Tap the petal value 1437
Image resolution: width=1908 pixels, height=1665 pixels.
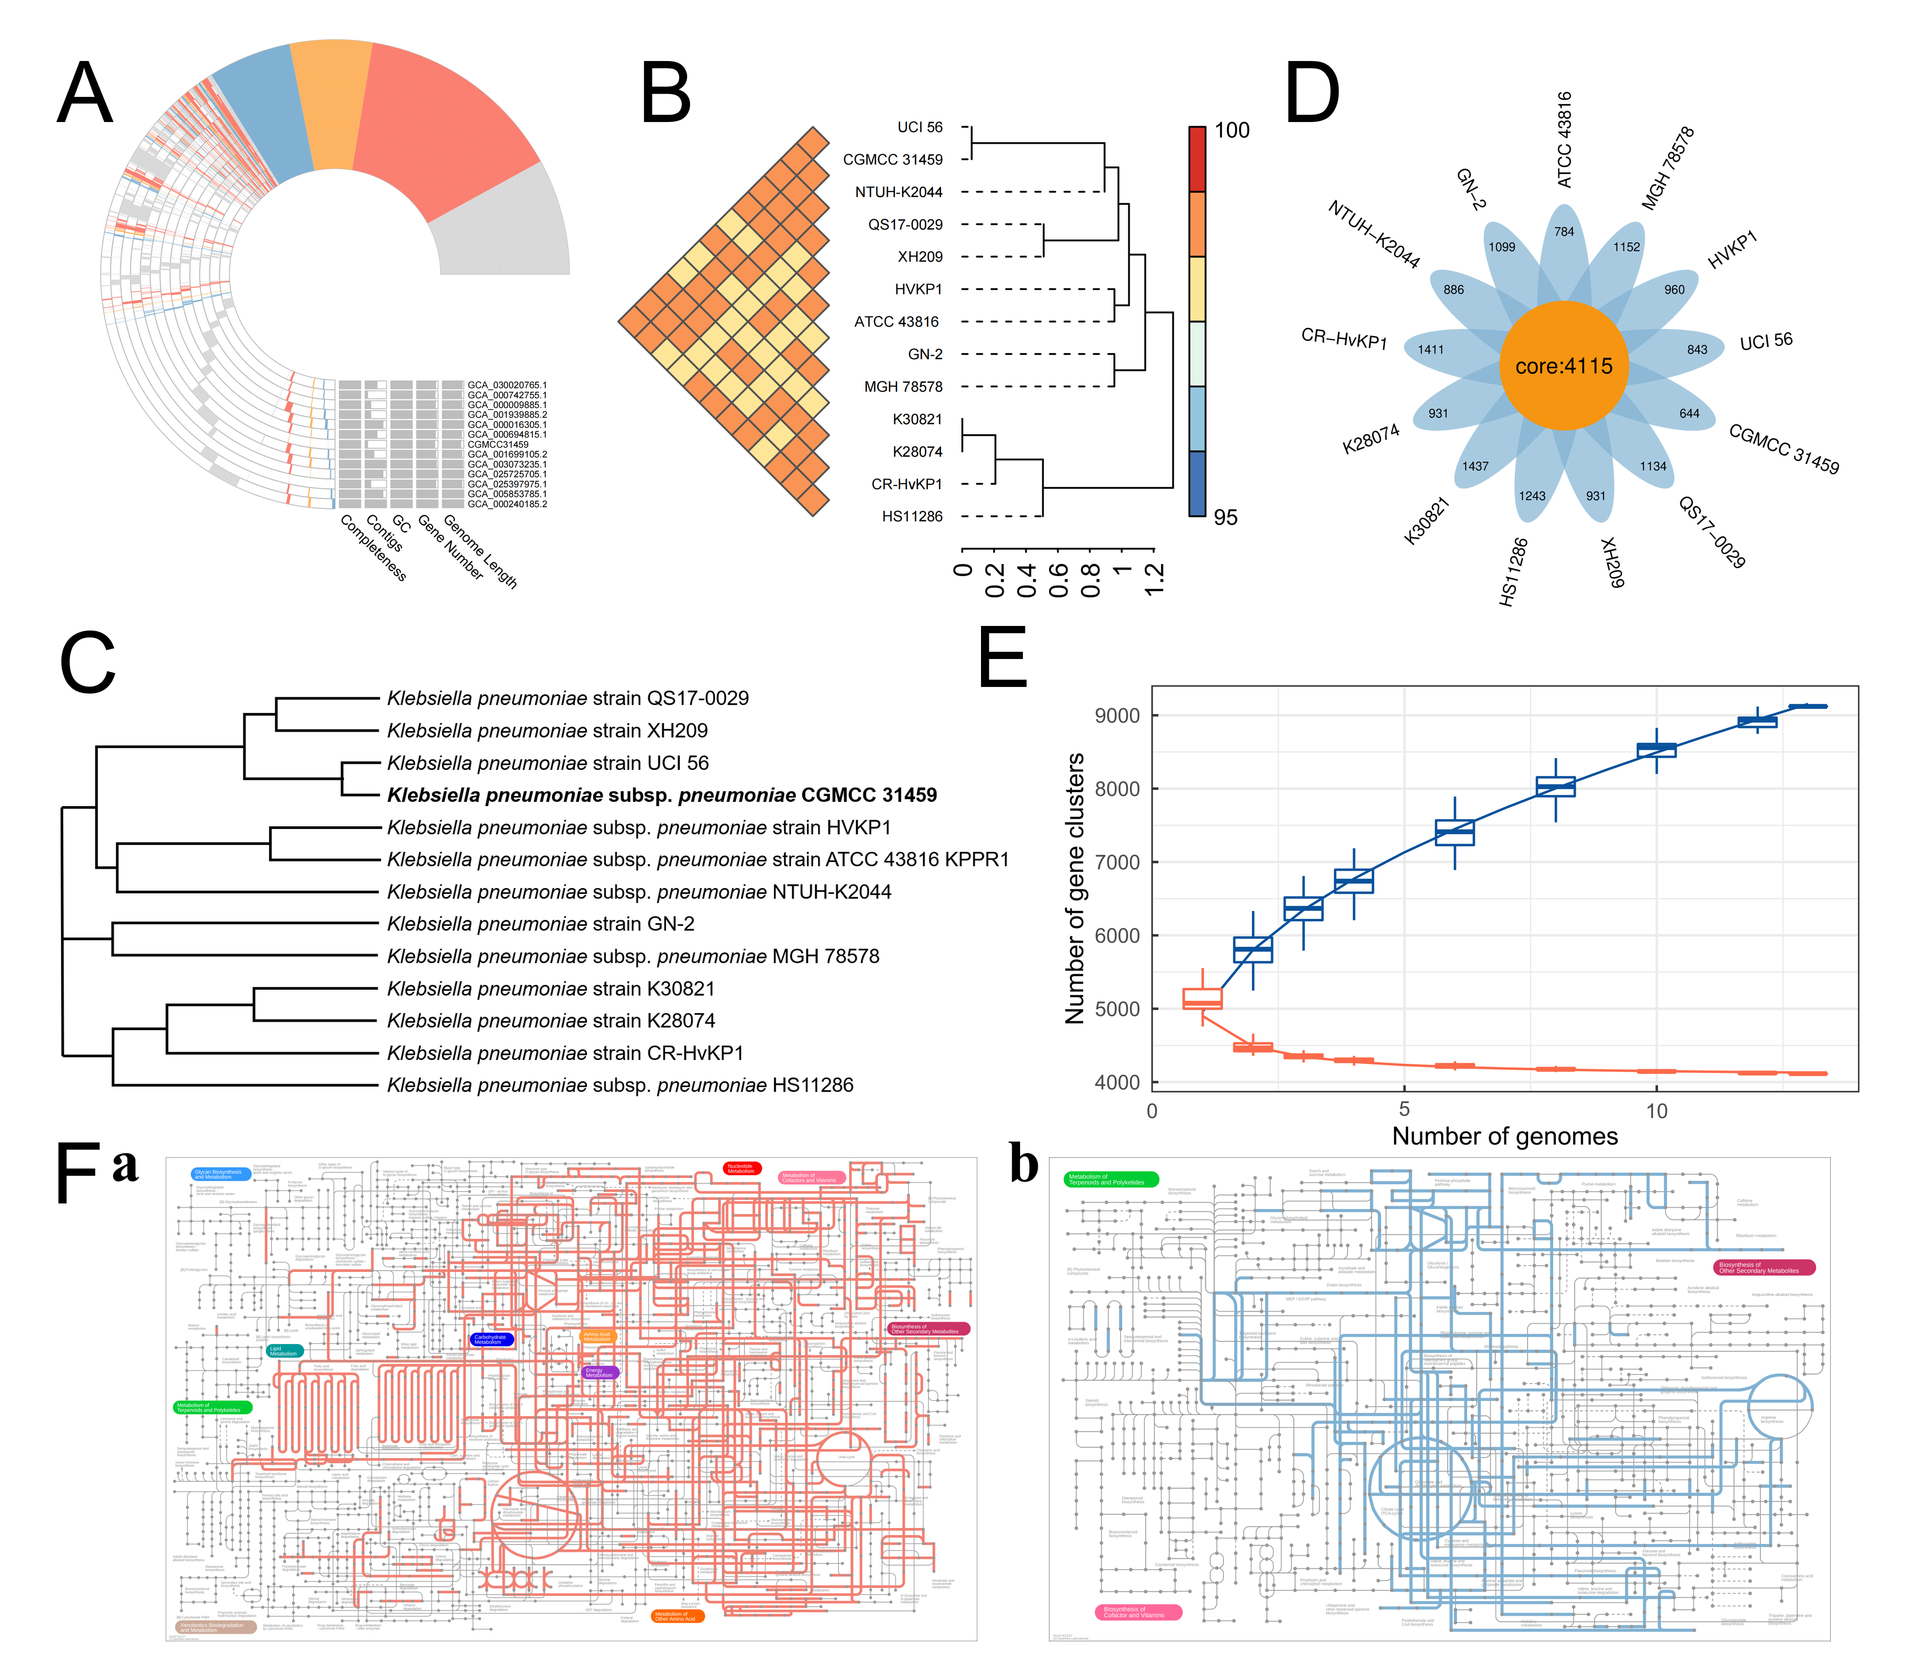(x=1475, y=466)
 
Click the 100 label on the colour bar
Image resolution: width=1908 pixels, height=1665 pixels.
(x=1232, y=130)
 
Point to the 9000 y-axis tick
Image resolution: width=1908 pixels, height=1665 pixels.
(x=1117, y=715)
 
